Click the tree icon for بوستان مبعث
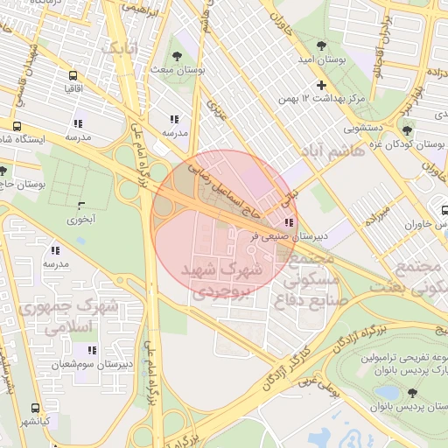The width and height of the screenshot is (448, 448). pos(178,55)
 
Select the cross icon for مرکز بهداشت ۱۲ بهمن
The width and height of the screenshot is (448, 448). pos(321,85)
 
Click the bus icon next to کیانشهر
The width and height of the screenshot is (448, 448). pos(35,408)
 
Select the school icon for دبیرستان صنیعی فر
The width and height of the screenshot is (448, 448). pos(290,222)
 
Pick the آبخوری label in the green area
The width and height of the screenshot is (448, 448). pos(81,220)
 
